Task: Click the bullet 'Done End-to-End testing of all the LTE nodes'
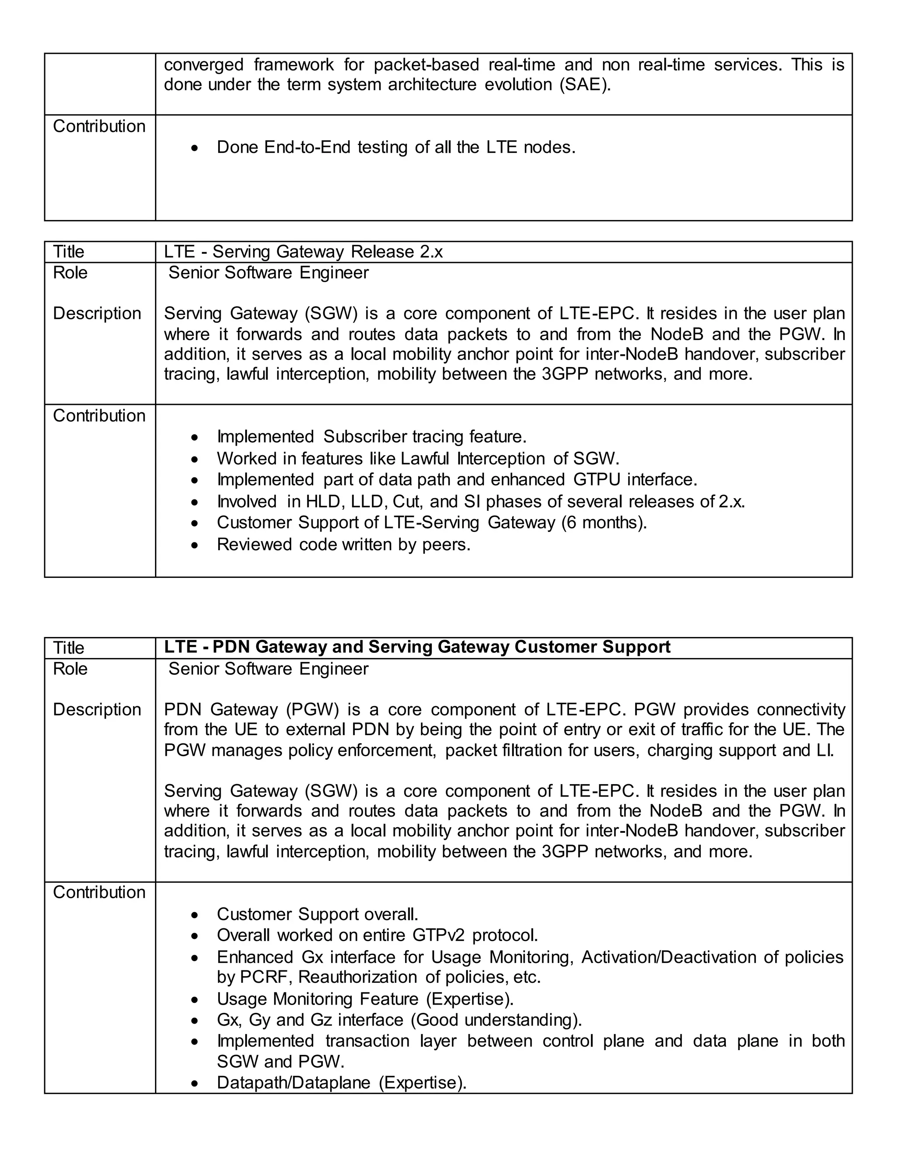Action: point(396,147)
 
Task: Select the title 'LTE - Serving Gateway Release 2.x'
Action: point(303,251)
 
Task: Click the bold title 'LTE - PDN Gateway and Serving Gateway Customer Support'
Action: point(417,647)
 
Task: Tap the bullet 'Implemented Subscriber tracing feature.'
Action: point(371,437)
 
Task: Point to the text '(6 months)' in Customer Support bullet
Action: point(604,523)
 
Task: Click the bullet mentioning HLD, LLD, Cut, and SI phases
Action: point(480,502)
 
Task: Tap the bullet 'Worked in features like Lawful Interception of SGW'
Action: point(418,458)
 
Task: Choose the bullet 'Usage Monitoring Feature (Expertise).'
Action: point(365,999)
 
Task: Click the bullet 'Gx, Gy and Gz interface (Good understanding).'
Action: point(399,1020)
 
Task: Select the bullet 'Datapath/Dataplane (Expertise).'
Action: point(341,1083)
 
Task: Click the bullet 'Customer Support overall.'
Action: point(317,914)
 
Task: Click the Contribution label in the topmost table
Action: point(99,127)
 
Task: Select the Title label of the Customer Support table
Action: point(69,648)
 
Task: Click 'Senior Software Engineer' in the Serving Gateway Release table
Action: point(268,273)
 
